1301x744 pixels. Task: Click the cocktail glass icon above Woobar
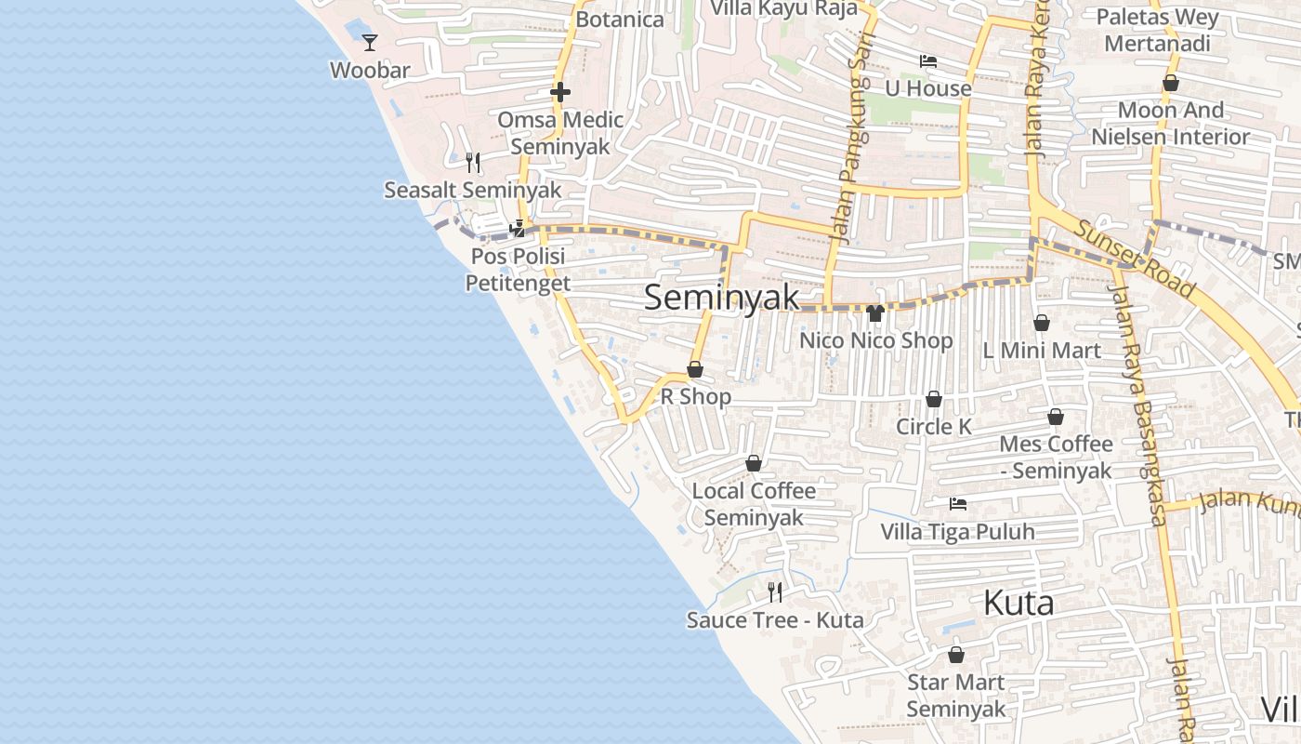370,43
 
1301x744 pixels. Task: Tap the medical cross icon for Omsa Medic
560,92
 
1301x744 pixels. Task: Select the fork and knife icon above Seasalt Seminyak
473,163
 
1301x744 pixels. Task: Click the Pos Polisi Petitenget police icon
518,228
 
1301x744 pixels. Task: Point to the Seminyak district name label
721,298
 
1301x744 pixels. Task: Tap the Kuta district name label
1018,603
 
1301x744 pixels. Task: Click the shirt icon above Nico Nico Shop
874,313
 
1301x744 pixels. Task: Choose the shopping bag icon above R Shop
694,370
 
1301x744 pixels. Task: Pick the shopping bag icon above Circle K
934,399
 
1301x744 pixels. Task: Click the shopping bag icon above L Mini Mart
1042,323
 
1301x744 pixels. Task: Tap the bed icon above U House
927,61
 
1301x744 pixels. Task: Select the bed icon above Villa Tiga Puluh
958,504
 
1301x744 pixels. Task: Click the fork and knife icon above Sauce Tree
775,591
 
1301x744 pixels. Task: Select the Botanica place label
620,20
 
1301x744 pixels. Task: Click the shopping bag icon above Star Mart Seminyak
956,655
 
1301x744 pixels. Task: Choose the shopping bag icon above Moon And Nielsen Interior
1171,83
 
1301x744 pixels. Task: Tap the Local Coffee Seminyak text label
754,504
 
